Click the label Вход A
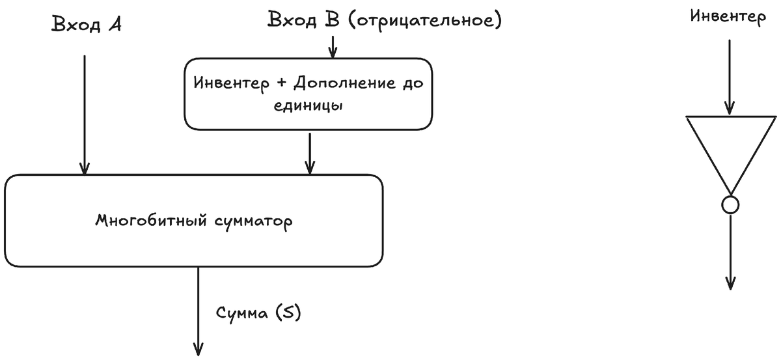(x=87, y=25)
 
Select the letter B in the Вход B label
(x=332, y=20)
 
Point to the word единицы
(x=308, y=105)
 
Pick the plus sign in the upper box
(x=282, y=85)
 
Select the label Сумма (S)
(x=258, y=313)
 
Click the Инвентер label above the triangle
(x=728, y=17)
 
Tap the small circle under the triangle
(x=730, y=206)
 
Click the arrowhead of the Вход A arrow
(x=85, y=168)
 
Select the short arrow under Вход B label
(x=333, y=46)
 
